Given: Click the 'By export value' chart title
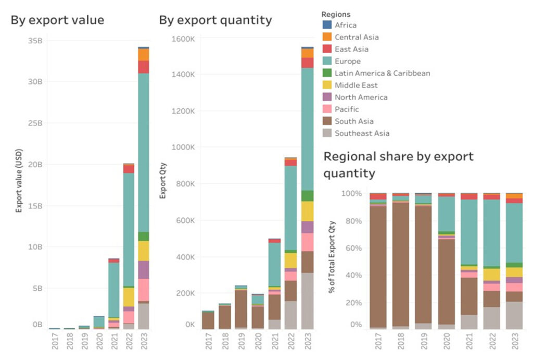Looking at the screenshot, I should (57, 20).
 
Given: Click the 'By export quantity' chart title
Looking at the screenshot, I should (215, 20).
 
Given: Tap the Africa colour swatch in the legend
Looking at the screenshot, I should (327, 25).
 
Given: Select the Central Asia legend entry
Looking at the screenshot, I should (357, 37).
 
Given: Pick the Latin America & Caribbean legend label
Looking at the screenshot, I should (382, 73).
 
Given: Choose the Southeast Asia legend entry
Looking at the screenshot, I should (362, 133).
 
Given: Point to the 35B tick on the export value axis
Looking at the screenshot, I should (35, 41).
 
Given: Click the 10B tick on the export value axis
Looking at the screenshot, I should (35, 246).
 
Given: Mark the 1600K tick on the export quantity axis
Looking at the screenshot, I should (185, 38).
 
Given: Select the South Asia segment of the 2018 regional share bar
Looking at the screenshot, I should (400, 264).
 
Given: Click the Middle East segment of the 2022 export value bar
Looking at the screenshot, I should (129, 297).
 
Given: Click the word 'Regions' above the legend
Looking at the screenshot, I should (336, 14).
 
